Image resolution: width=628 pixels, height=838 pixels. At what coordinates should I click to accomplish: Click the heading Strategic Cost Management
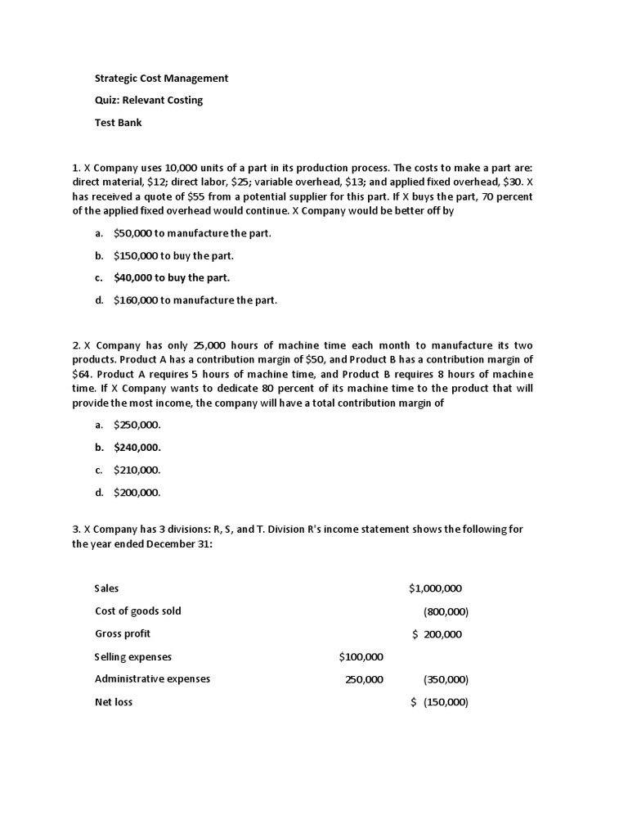pos(161,79)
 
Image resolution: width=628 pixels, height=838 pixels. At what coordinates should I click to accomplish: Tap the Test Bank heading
pos(119,123)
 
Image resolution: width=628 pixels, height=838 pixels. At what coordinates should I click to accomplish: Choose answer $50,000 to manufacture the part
pos(192,233)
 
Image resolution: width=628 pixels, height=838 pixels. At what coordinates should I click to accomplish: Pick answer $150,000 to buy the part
pos(173,255)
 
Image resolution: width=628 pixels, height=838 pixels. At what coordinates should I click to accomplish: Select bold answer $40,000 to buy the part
pos(172,277)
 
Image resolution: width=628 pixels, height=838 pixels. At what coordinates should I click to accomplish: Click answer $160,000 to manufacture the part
pos(195,300)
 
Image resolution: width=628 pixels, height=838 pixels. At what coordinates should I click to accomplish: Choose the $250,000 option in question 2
pos(137,425)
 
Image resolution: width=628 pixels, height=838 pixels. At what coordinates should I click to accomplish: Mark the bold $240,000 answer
pos(137,448)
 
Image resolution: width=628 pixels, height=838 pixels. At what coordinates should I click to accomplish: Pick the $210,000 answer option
pos(137,470)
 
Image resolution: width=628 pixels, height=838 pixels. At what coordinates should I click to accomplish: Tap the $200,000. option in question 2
pos(137,493)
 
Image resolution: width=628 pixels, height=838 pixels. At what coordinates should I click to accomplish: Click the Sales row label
pos(107,588)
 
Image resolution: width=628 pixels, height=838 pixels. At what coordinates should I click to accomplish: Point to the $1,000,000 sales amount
pos(435,588)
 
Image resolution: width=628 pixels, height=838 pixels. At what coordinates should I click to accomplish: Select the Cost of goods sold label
pos(138,611)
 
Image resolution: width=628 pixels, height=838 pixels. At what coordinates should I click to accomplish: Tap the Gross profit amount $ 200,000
pos(437,634)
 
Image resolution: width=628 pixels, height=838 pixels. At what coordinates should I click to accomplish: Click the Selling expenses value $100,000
pos(361,657)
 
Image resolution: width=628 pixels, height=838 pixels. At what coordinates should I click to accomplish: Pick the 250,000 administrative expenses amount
pos(364,679)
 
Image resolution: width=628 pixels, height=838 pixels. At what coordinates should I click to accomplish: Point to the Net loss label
pos(114,702)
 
